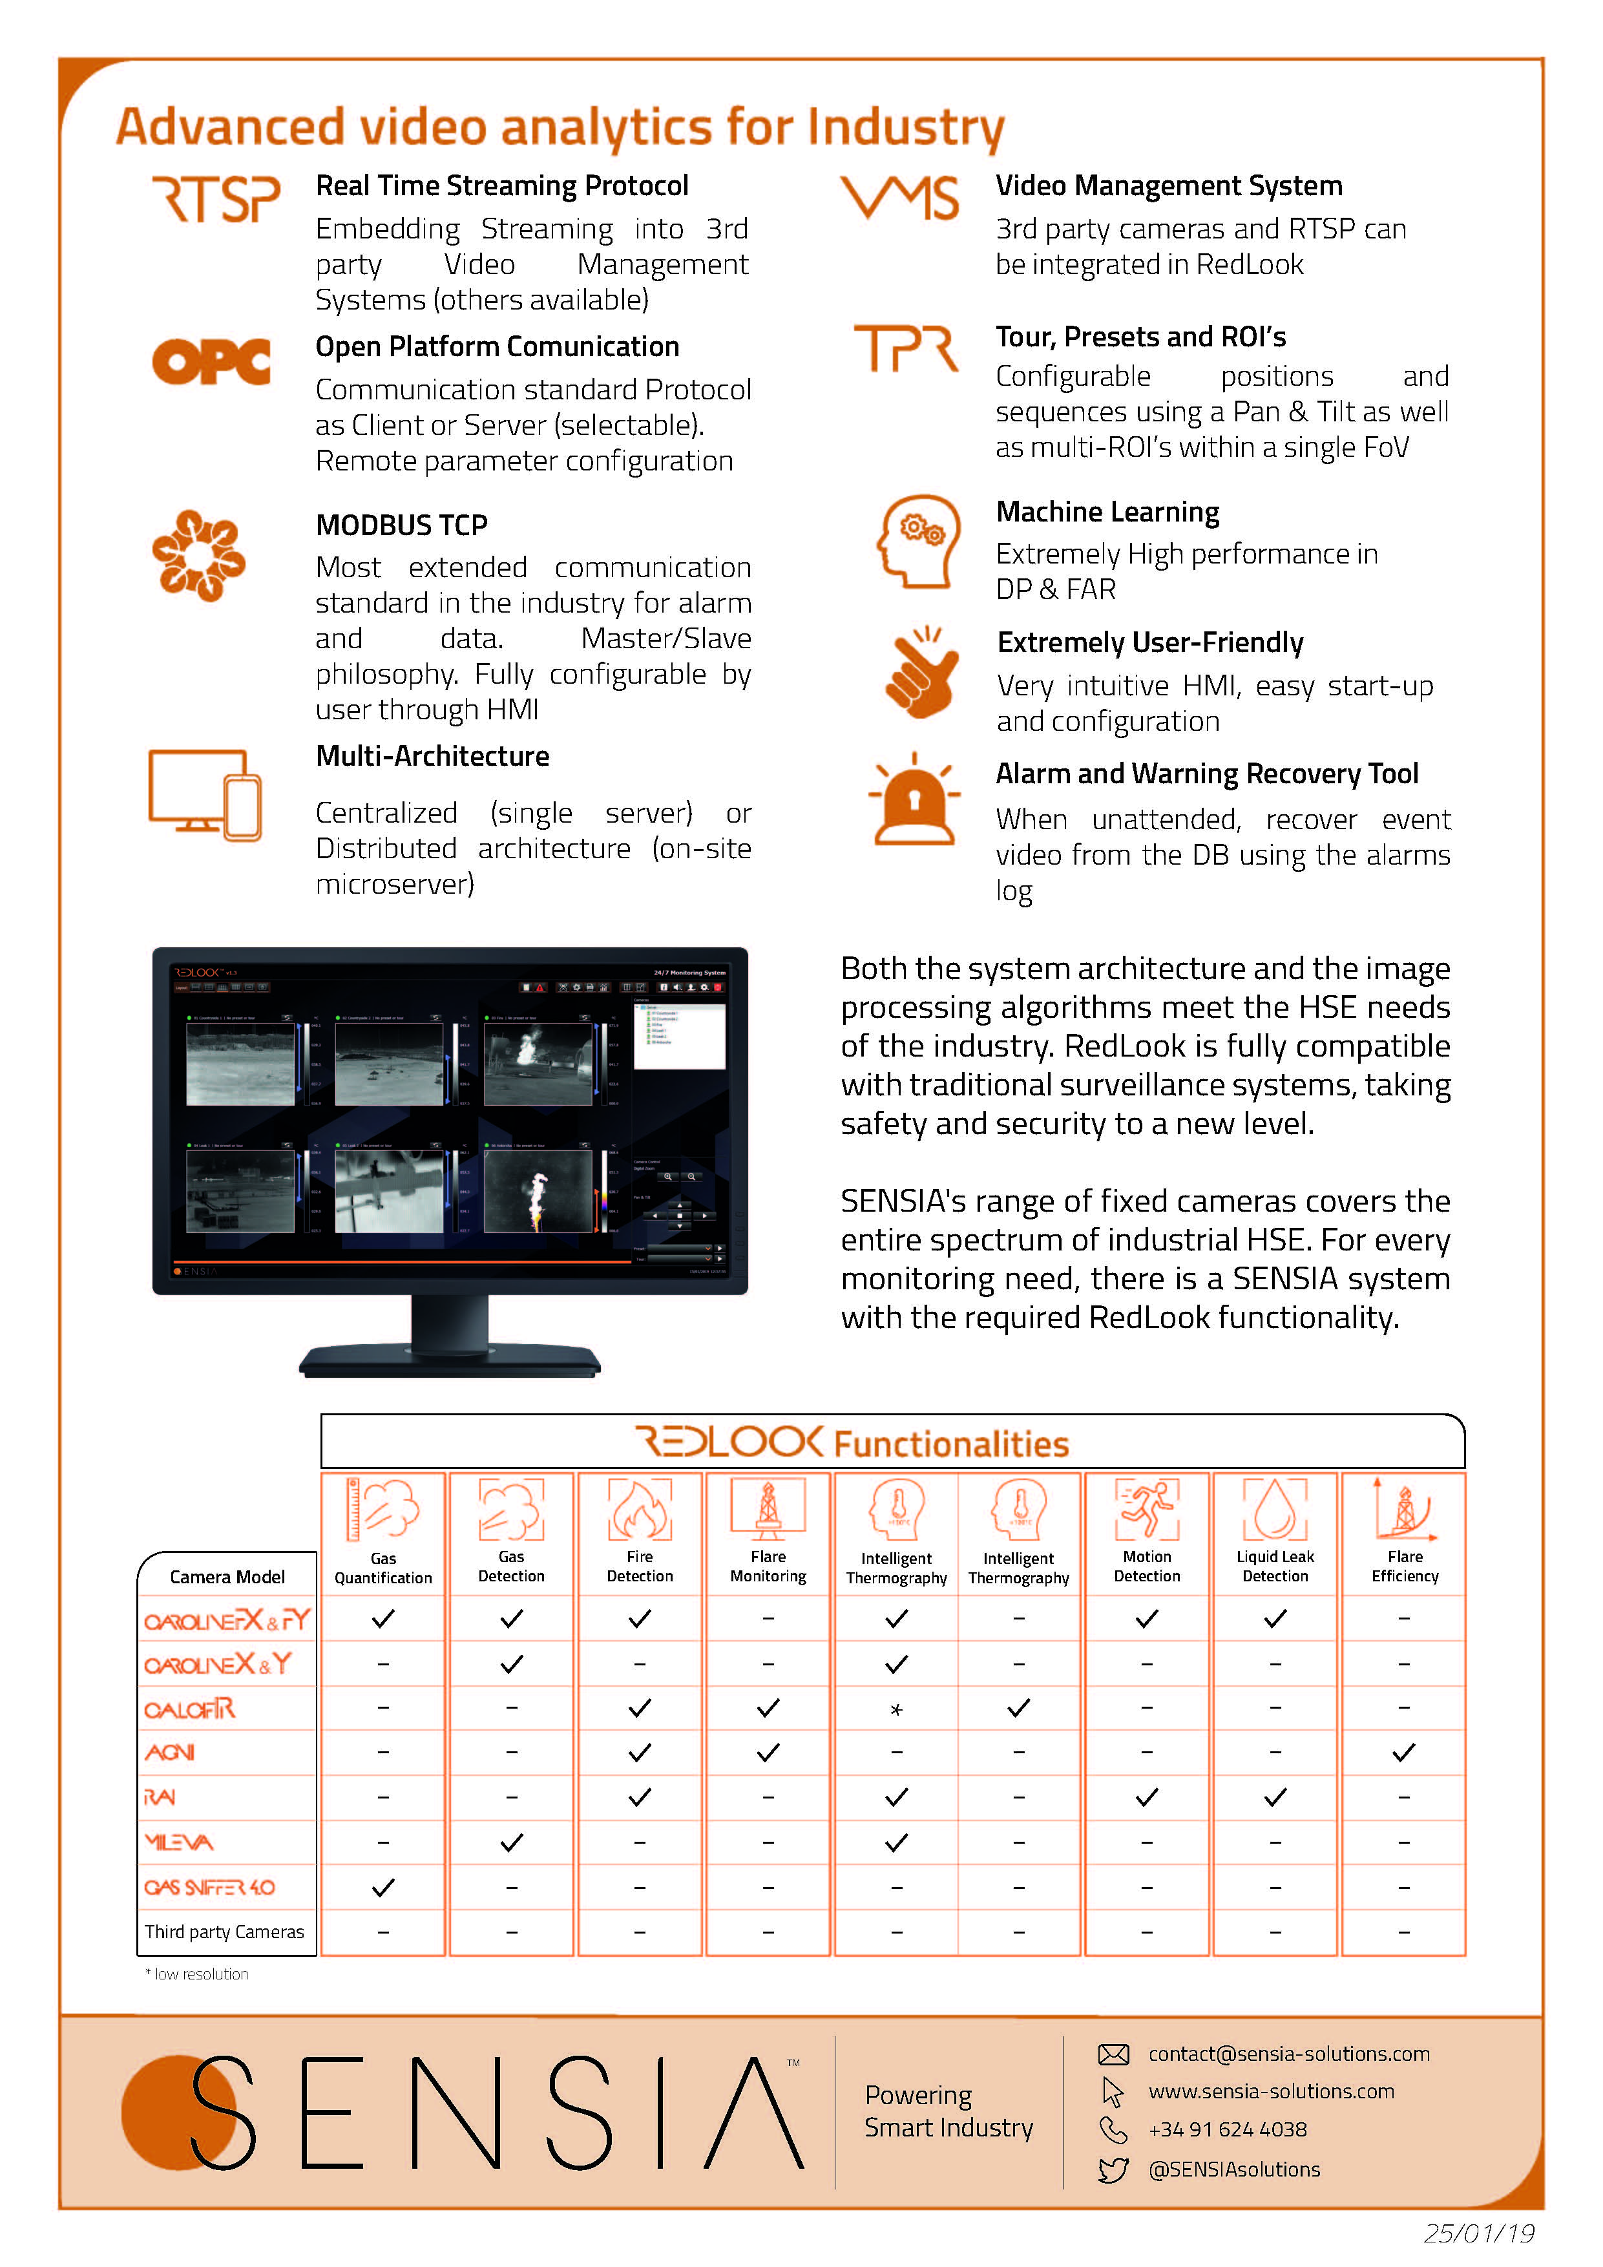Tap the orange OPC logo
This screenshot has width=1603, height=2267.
click(x=211, y=361)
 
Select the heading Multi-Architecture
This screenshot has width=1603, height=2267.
click(x=432, y=755)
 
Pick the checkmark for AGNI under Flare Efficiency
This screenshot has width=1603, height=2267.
click(x=1403, y=1753)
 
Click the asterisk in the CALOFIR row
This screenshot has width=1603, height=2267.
click(x=896, y=1709)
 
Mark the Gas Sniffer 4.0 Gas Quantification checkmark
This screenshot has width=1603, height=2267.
click(x=383, y=1888)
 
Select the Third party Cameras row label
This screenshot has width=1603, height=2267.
click(x=224, y=1932)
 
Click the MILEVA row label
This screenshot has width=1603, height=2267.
click(x=179, y=1842)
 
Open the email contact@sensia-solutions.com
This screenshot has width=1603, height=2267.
click(x=1288, y=2054)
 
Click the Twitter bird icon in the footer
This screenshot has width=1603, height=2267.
click(x=1113, y=2169)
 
